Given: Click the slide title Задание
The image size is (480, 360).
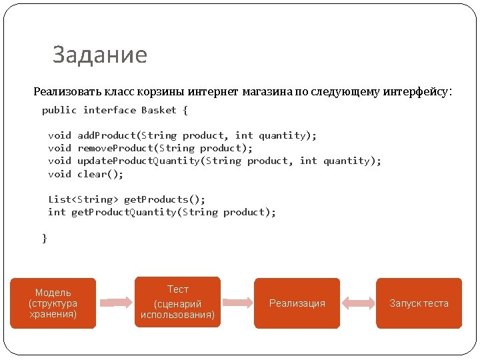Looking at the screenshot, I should click(x=100, y=55).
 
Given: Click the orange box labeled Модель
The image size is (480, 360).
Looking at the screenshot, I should click(x=53, y=303).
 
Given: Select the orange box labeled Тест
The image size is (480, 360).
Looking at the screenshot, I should click(x=177, y=303).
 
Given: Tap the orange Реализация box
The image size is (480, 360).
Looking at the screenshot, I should click(x=297, y=303).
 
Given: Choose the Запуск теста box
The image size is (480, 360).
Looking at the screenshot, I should click(x=419, y=303).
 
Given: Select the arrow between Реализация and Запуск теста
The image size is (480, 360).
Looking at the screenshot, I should click(x=358, y=303).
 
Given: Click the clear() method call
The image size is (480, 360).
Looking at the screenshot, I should click(x=101, y=174).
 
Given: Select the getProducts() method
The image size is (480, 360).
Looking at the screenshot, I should click(x=165, y=199).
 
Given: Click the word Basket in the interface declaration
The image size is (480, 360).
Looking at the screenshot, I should click(x=159, y=110).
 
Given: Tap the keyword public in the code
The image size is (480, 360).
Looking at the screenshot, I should click(x=59, y=110).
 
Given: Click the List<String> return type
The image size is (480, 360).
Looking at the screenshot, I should click(x=83, y=199).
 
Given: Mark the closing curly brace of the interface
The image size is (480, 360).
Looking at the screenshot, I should click(x=45, y=238).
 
